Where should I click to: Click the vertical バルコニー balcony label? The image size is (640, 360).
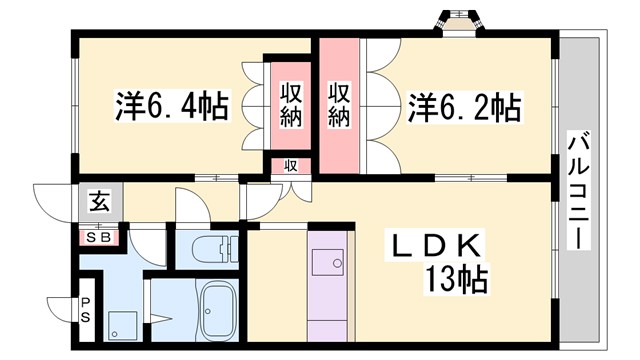click(577, 190)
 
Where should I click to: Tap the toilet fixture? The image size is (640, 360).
click(208, 250)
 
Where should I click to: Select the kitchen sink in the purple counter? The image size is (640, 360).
click(329, 263)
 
